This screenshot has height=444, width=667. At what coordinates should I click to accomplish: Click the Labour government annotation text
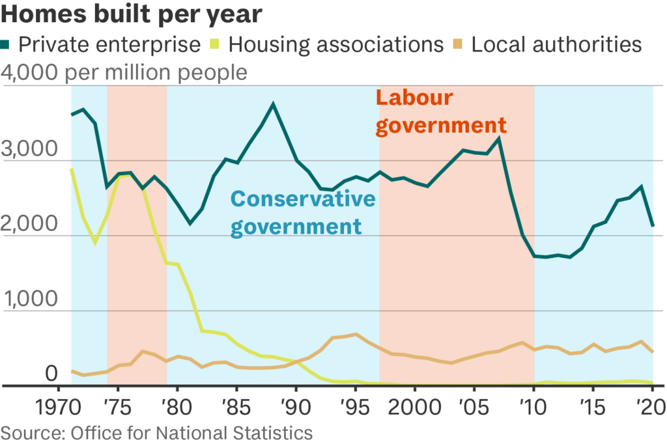[x=441, y=111]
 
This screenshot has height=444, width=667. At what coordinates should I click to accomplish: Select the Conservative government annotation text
[x=304, y=212]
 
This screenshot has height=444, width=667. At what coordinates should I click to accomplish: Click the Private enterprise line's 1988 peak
[x=274, y=104]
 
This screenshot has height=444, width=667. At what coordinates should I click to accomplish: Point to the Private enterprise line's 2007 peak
[x=499, y=138]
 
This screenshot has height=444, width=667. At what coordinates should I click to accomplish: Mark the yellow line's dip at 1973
[x=95, y=242]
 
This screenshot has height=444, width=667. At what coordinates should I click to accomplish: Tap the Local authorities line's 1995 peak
[x=356, y=335]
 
